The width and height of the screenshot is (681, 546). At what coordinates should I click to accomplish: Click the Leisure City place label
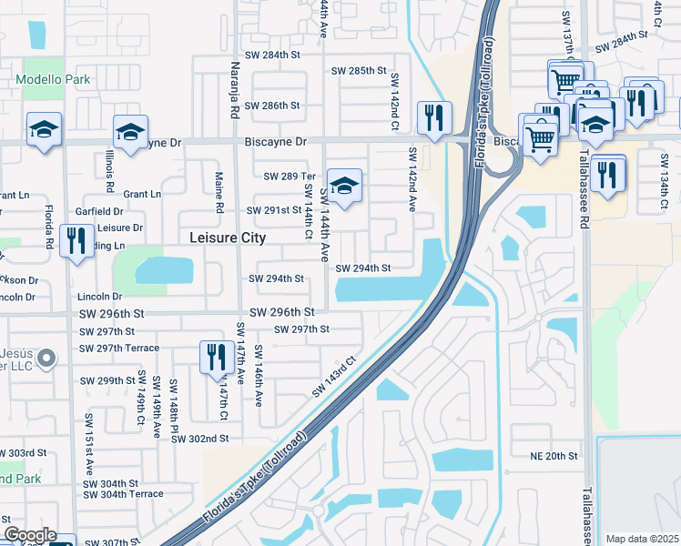[227, 238]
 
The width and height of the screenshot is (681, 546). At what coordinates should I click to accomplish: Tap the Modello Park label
[53, 79]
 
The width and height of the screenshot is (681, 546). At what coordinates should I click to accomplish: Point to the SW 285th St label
[359, 70]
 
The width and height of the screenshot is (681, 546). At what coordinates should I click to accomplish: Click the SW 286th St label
[277, 106]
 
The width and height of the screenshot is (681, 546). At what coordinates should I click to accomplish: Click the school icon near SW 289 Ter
[343, 187]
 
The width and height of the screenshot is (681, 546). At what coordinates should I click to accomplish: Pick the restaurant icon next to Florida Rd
[76, 240]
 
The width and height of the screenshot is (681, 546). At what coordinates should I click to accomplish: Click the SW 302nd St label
[199, 439]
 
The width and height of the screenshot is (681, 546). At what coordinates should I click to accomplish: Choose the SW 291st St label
[277, 210]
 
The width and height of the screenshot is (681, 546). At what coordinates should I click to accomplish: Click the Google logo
[29, 535]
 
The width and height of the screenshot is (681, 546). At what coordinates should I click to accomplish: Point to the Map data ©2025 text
[642, 539]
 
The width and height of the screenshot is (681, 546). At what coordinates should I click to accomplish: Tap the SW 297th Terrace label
[118, 349]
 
